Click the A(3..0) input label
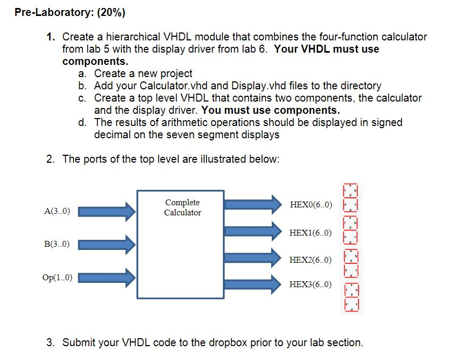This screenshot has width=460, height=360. tap(59, 211)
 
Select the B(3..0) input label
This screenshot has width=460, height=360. tap(59, 244)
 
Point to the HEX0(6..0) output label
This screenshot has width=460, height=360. tap(311, 204)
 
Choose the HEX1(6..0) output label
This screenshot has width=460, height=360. tap(311, 233)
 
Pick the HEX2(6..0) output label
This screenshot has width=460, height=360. tap(311, 259)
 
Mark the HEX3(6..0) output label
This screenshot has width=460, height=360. tap(311, 284)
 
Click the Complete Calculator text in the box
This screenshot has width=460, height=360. tap(182, 207)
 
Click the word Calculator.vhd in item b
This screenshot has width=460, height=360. tap(175, 86)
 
